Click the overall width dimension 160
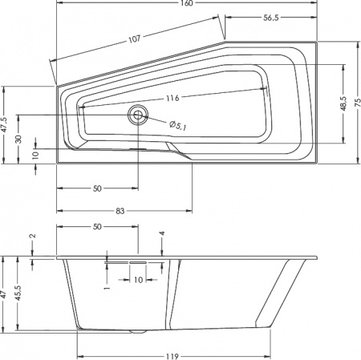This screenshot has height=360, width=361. coord(187,4)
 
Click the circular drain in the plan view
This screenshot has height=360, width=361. coord(139,115)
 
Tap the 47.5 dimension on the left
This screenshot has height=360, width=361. coord(5,125)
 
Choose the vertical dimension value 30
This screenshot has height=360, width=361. coord(18,137)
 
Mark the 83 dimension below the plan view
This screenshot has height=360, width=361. coord(120,211)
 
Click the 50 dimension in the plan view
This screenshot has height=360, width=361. coord(95,189)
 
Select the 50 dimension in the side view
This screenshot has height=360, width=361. coord(95,228)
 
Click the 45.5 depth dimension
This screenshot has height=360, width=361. coord(18,293)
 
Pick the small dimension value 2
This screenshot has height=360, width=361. coord(33,237)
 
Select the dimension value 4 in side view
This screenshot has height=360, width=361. coord(161,234)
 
